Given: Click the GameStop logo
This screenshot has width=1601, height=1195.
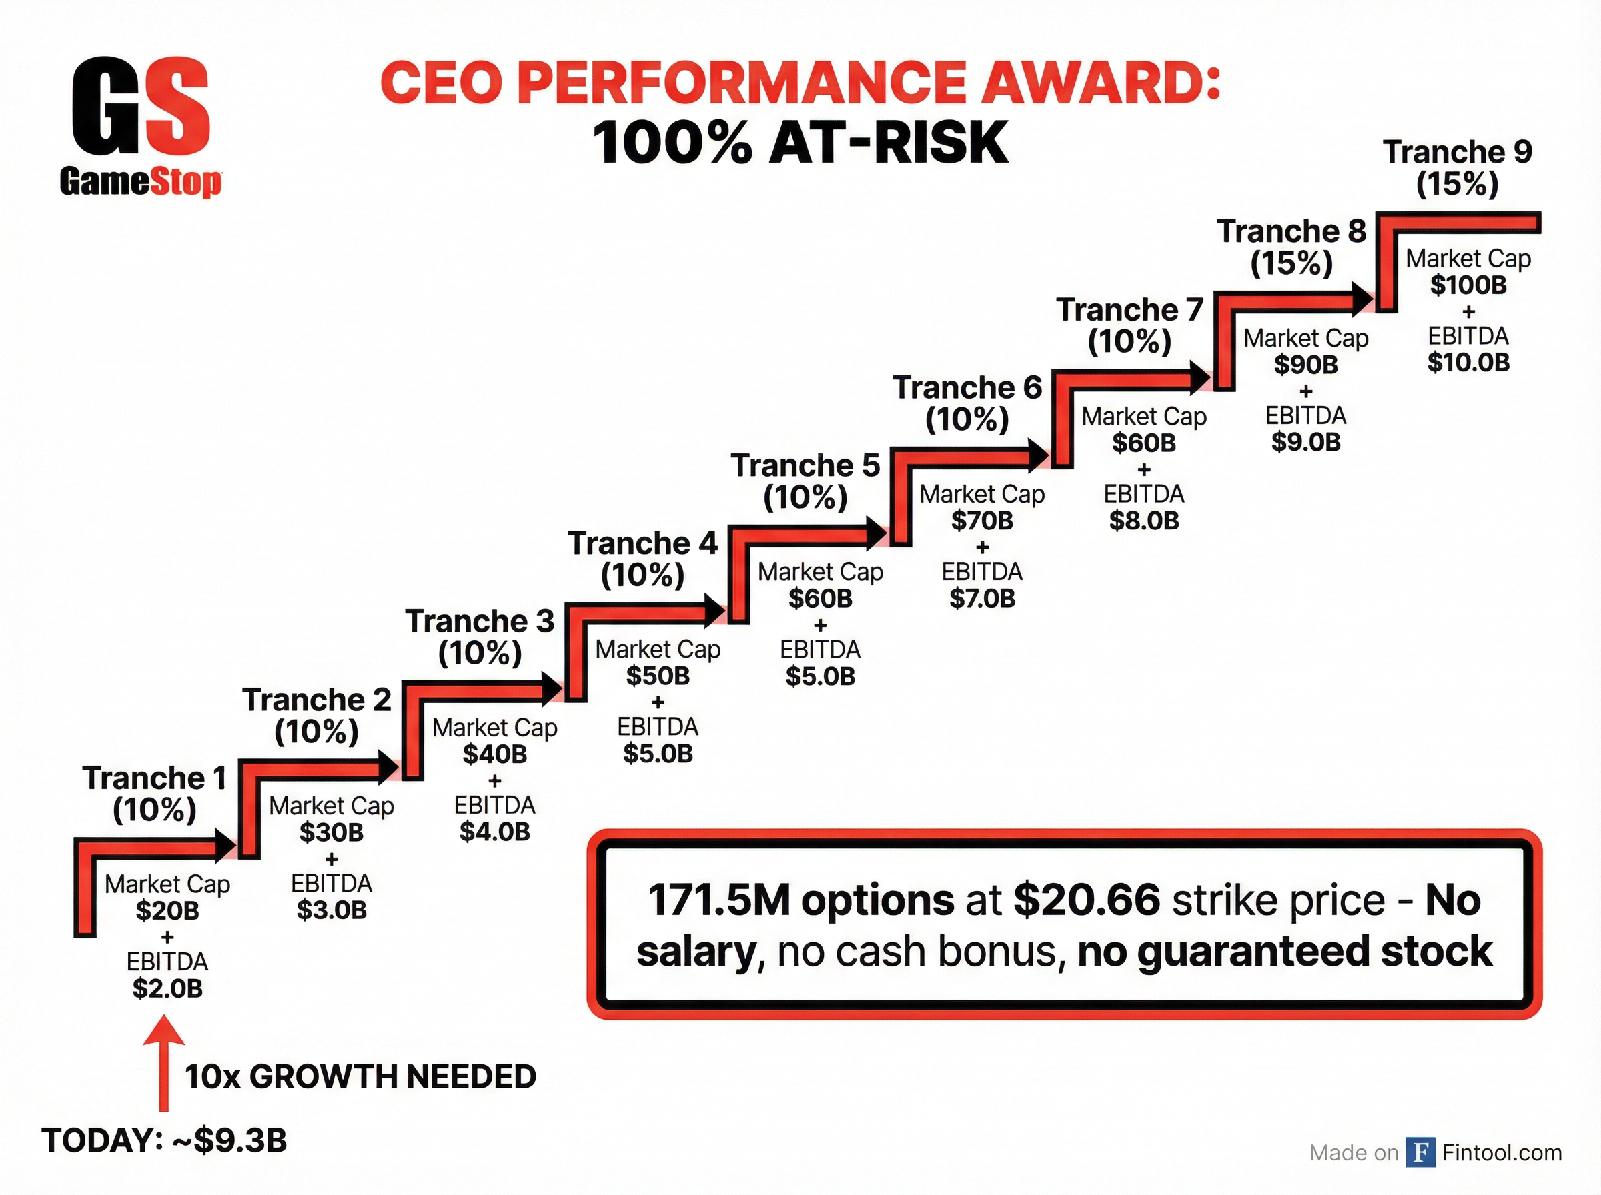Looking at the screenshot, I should click(141, 127).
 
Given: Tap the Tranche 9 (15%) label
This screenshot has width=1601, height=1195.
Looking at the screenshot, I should click(1457, 168).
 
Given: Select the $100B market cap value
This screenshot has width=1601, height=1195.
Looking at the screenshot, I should click(1468, 285).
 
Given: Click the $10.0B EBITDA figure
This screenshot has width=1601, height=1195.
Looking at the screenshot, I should click(1468, 362).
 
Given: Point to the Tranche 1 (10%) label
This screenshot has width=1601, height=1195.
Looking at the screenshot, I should click(154, 794).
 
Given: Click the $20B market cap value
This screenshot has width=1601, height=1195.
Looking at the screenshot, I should click(167, 911).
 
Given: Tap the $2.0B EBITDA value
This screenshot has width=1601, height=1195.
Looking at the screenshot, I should click(167, 988).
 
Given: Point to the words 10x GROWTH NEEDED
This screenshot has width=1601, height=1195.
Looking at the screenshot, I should click(360, 1077).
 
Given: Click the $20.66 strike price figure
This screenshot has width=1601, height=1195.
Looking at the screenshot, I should click(1087, 901).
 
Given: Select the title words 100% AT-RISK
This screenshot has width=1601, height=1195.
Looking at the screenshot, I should click(799, 143).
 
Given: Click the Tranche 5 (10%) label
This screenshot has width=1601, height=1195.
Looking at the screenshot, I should click(805, 481).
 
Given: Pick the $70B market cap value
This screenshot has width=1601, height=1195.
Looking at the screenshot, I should click(982, 521).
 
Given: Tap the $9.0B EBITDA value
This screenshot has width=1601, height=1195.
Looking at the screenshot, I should click(1306, 442).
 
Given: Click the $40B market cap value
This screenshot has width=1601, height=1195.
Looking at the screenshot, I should click(495, 754).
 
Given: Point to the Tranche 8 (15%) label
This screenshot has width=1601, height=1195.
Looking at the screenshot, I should click(1291, 247).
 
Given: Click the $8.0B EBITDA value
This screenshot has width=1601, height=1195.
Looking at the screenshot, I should click(1144, 521).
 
